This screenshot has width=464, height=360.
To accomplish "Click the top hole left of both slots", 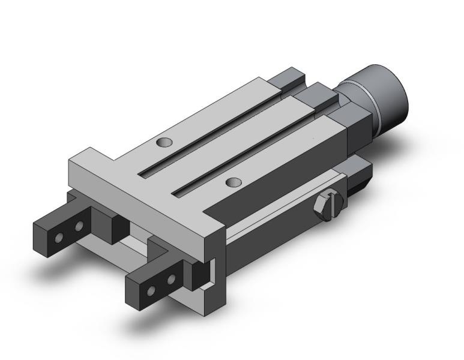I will point(163,142).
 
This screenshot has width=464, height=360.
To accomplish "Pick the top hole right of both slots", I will point(233,181).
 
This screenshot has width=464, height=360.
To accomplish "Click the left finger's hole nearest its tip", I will point(58,238).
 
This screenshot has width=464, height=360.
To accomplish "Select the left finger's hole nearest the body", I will point(78,227).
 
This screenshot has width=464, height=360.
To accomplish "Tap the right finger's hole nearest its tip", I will point(151,291).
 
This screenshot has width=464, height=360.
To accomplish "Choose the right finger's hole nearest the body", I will point(171,280).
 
